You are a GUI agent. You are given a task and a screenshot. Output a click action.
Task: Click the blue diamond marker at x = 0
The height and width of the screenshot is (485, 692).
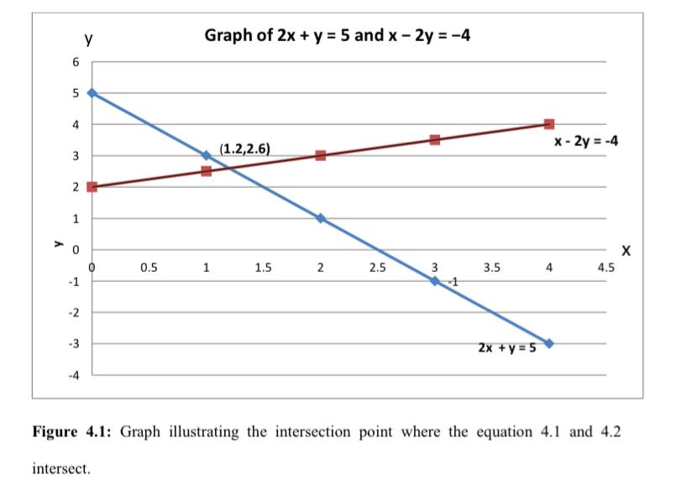coord(92,93)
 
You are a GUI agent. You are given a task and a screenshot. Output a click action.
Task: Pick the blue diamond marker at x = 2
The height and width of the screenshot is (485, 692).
coord(321,218)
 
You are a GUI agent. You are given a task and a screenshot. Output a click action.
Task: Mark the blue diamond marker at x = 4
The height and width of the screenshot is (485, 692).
coord(549,343)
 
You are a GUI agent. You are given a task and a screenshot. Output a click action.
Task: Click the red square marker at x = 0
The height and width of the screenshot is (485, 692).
coord(92,186)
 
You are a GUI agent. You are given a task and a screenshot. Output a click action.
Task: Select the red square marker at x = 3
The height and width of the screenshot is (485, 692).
coord(435,139)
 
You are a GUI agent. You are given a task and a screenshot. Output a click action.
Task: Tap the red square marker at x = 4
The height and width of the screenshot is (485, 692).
coord(549,124)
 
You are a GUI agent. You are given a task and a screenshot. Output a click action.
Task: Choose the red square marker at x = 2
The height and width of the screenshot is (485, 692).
coord(321,155)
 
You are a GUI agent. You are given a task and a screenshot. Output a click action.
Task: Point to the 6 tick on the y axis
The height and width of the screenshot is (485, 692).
coord(75,62)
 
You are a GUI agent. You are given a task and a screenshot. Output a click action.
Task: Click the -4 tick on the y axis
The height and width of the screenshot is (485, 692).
coord(74,375)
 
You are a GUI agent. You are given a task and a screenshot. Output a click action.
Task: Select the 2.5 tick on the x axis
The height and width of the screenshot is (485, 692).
coord(377,269)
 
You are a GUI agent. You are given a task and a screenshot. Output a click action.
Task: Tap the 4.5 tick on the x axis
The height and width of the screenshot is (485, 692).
coord(605,269)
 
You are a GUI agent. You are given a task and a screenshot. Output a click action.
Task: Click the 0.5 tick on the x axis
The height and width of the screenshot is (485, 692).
coord(149,269)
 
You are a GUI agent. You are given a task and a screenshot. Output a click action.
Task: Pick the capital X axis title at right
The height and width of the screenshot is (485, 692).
coord(624,250)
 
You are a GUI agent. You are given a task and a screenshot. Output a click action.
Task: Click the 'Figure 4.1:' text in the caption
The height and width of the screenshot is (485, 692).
coord(73,431)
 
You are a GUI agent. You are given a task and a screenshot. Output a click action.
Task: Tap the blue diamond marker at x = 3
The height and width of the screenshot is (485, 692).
coord(435,280)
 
